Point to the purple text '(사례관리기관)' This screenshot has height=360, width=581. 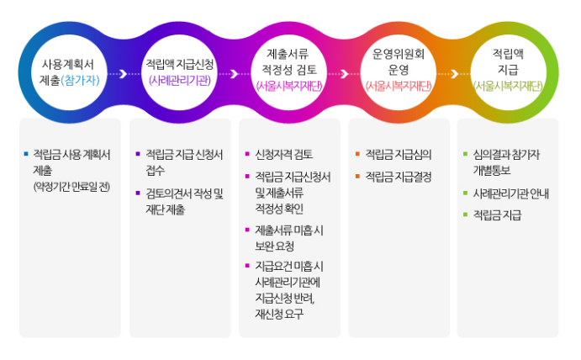pos(178,81)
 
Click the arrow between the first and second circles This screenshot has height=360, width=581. pos(123,73)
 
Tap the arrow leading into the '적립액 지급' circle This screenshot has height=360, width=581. pos(454,73)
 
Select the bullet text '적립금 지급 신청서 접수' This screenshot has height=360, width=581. pos(183,161)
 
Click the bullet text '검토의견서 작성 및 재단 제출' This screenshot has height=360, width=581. pos(183,201)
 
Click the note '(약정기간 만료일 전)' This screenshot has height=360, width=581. pos(71,185)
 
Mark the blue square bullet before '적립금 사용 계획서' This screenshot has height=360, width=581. pos(27,154)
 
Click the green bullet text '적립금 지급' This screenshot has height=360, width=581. pos(496,215)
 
